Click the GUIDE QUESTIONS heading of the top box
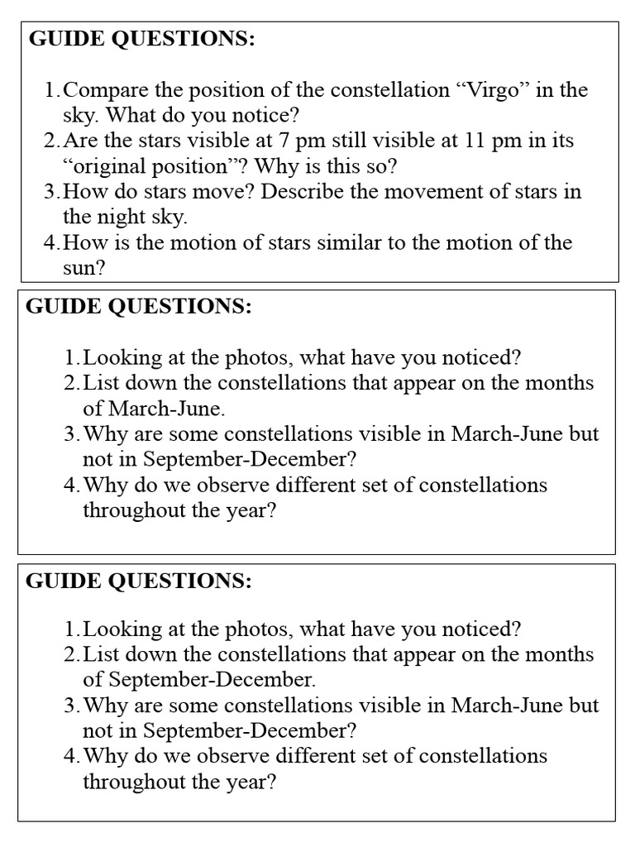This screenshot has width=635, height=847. pos(142,39)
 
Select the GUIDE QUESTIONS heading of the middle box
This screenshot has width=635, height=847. pos(139,306)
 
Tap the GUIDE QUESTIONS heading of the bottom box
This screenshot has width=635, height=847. pos(139,581)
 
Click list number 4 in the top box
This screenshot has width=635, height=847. pos(52,243)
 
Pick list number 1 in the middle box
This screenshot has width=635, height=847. pos(72,357)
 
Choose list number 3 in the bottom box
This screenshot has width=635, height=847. pos(72,706)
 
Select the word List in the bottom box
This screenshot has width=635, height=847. pos(100,654)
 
